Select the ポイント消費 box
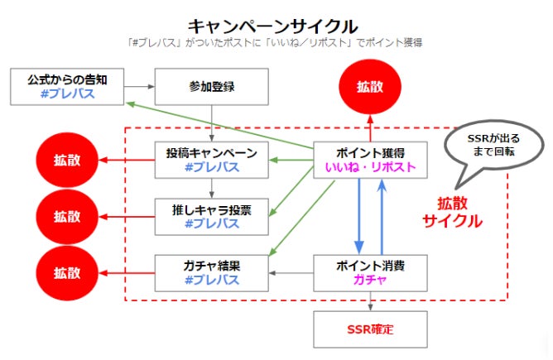click(x=370, y=273)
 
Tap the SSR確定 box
click(x=370, y=329)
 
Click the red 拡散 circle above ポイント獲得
click(x=370, y=86)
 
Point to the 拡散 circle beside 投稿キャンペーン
click(x=67, y=161)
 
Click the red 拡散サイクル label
click(x=453, y=213)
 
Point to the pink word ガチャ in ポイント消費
click(x=370, y=281)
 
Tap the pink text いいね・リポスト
click(x=370, y=168)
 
